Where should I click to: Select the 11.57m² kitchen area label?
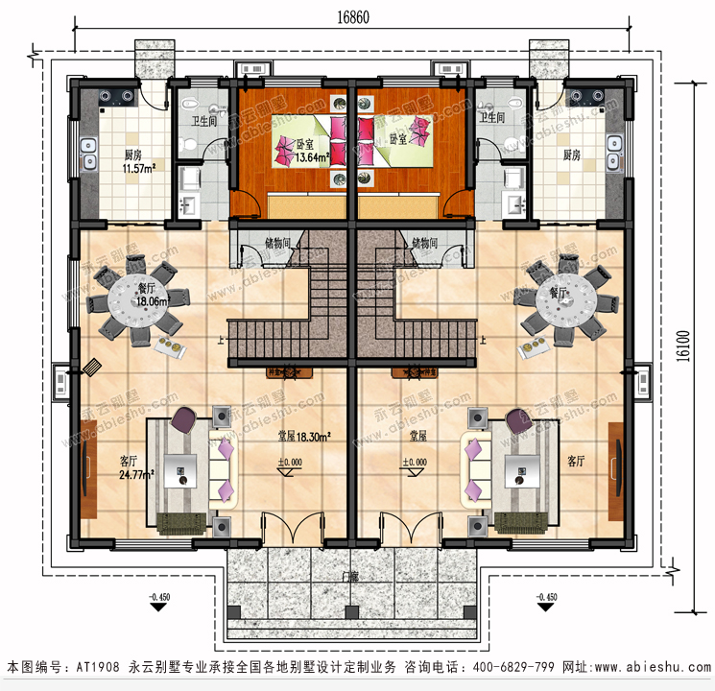pyautogui.click(x=139, y=169)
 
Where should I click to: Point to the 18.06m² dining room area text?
pyautogui.click(x=152, y=300)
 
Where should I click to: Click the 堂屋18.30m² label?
pyautogui.click(x=300, y=436)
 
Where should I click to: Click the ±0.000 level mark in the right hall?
pyautogui.click(x=415, y=463)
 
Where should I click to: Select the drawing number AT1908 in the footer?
pyautogui.click(x=98, y=666)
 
